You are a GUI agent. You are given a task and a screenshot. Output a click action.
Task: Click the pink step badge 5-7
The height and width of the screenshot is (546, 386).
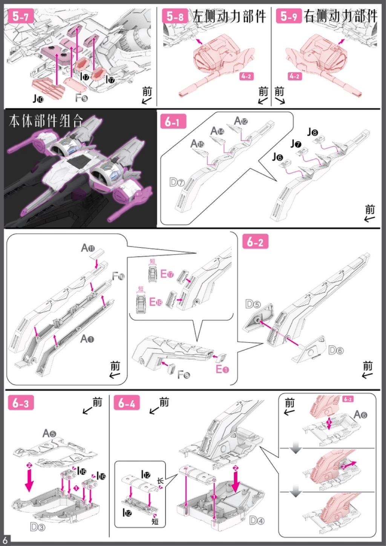click(x=21, y=16)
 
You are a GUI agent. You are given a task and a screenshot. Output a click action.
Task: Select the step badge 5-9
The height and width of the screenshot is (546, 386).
click(x=289, y=16)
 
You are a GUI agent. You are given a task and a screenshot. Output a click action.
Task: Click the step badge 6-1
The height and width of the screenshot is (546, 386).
click(x=173, y=122)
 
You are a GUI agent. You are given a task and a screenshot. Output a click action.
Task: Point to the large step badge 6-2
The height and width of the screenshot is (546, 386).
click(x=255, y=242)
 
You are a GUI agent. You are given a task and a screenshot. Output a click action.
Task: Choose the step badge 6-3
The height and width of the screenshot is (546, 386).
click(x=21, y=403)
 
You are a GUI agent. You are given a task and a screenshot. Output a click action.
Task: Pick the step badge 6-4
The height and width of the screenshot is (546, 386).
click(x=127, y=403)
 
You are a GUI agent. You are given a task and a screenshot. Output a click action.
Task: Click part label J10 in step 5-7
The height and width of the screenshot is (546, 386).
click(x=38, y=99)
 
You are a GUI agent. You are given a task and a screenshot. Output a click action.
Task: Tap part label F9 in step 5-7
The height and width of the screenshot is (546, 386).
click(x=81, y=98)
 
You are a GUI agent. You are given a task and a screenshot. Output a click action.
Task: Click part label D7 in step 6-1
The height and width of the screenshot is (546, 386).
click(x=176, y=183)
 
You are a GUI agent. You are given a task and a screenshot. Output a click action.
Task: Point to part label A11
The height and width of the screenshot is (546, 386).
click(x=88, y=248)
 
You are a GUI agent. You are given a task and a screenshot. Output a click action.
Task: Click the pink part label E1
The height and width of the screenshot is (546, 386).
click(x=222, y=369)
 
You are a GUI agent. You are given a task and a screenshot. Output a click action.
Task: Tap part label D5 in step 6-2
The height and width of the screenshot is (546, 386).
click(x=253, y=304)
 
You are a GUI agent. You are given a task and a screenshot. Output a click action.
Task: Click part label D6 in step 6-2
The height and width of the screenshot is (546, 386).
click(x=336, y=350)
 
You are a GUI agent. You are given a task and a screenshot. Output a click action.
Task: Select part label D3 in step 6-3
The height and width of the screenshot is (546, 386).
click(x=37, y=527)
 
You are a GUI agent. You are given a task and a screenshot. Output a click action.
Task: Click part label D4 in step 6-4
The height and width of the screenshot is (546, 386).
click(x=257, y=521)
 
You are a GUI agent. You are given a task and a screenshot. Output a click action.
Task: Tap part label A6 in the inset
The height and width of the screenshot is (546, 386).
click(x=360, y=415)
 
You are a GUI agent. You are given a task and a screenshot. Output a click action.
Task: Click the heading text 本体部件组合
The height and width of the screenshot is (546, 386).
click(x=46, y=122)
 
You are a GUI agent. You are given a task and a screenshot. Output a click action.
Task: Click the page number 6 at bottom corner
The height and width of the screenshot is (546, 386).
click(x=5, y=540)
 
